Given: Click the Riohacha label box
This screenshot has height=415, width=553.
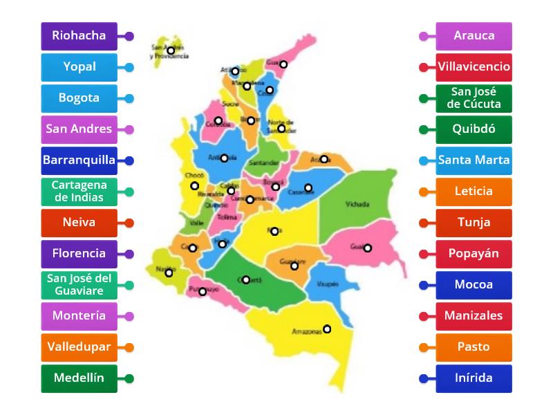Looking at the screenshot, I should [79, 36].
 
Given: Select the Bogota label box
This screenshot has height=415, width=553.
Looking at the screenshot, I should [79, 98].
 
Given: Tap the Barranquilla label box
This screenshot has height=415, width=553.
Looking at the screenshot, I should [79, 160].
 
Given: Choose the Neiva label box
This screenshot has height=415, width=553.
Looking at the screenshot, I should [79, 223].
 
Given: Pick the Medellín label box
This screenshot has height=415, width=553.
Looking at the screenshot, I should [79, 378].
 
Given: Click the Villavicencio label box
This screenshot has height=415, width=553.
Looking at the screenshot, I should [474, 67].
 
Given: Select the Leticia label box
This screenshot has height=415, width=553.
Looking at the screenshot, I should [474, 192].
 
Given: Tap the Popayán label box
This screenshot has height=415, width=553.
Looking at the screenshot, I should [474, 254].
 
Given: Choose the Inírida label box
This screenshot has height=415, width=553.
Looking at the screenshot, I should [474, 378].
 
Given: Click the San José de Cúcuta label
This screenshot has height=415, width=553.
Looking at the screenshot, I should [474, 98].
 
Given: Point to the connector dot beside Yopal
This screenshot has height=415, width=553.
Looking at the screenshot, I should [129, 67].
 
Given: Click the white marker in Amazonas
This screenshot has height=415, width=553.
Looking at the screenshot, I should [327, 329].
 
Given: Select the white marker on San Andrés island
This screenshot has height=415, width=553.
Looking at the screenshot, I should [171, 50].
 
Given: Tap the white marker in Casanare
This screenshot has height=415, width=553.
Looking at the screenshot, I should [308, 187].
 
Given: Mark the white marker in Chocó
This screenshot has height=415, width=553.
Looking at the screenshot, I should [195, 185].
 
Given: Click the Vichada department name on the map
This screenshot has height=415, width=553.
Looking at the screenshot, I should [357, 205].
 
